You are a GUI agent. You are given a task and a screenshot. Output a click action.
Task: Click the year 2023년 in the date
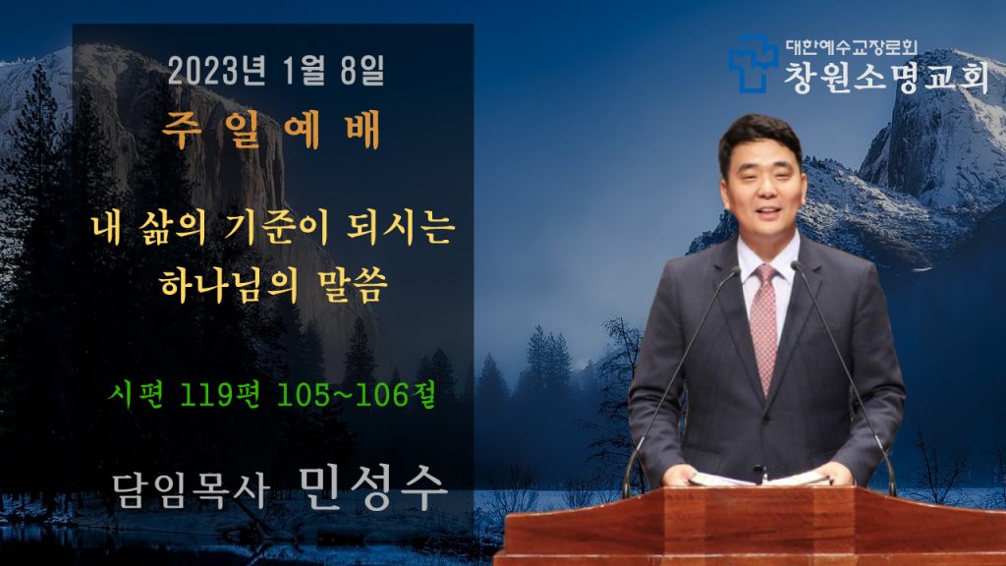(217, 70)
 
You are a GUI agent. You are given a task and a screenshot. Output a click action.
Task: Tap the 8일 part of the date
(363, 70)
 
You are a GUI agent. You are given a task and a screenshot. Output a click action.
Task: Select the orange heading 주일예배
(272, 130)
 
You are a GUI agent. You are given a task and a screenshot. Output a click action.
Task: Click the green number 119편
(219, 394)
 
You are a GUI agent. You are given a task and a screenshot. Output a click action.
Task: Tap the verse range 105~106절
(356, 394)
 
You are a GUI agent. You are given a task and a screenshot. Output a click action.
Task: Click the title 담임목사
(191, 491)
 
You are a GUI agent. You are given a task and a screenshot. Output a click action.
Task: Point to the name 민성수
(372, 487)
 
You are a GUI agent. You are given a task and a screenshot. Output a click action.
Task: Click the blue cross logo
(753, 63)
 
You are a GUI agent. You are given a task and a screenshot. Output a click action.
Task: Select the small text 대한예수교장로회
(852, 47)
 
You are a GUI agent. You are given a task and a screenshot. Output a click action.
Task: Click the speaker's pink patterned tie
(764, 327)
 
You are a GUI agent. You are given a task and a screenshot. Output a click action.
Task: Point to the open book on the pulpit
(759, 479)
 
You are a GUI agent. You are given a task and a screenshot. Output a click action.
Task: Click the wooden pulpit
(750, 525)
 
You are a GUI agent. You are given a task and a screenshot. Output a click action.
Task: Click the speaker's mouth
(768, 211)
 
